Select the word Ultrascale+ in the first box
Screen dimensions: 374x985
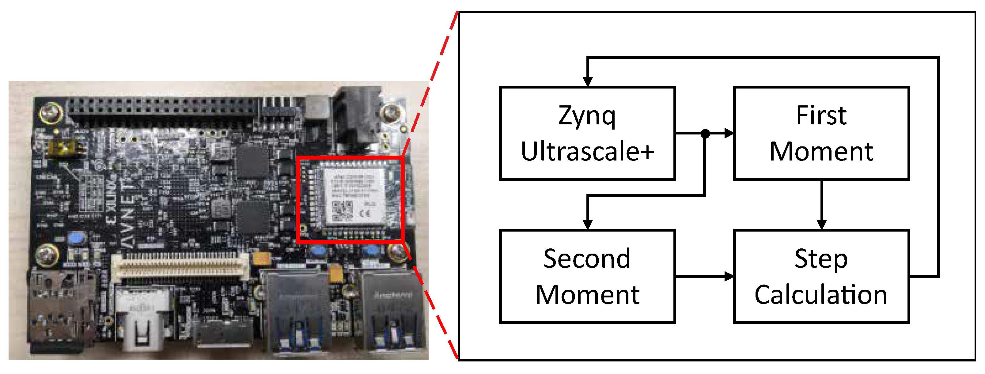coord(587,151)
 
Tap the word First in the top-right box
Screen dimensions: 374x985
coord(821,115)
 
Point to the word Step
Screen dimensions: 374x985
coord(821,259)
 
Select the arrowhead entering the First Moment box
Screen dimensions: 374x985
coord(729,134)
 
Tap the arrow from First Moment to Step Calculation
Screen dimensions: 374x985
coord(821,206)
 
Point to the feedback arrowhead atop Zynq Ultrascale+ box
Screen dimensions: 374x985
coord(588,81)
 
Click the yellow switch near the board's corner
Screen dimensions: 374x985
coord(65,148)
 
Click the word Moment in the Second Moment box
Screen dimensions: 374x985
coord(587,295)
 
